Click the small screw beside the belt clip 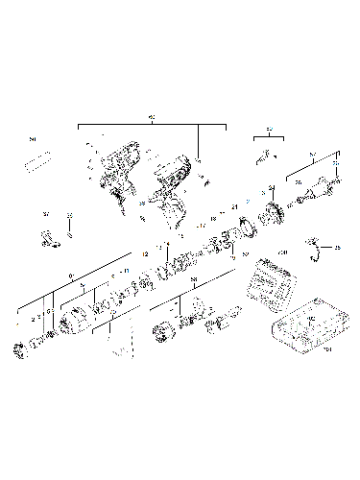pyautogui.click(x=70, y=230)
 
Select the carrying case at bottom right pyautogui.click(x=307, y=330)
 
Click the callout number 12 pyautogui.click(x=145, y=252)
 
